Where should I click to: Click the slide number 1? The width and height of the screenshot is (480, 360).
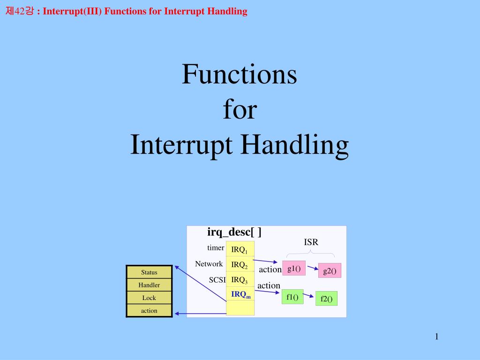[436, 336]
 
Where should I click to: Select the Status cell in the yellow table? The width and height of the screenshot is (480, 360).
[149, 272]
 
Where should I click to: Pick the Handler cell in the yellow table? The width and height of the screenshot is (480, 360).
[149, 285]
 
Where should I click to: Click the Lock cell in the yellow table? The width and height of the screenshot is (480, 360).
[149, 298]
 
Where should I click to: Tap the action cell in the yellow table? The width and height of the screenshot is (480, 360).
[149, 310]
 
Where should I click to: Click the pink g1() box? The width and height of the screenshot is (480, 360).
[294, 269]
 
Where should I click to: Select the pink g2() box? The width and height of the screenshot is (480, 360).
[330, 271]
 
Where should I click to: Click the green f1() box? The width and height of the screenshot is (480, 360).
[292, 297]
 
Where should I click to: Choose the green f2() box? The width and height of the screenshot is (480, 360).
[326, 299]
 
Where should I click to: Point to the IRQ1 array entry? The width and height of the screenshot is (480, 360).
[240, 249]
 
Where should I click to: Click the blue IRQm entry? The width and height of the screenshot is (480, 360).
[240, 294]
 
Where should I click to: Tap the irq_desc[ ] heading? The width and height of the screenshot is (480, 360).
[234, 232]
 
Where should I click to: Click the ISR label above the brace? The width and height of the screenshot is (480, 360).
[311, 242]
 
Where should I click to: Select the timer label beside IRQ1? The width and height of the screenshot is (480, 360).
[216, 248]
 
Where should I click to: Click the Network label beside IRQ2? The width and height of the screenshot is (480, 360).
[209, 264]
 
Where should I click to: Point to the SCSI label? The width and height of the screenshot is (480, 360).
[217, 280]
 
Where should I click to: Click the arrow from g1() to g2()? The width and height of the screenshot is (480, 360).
[313, 269]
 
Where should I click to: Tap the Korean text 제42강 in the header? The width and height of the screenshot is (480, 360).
[20, 12]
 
